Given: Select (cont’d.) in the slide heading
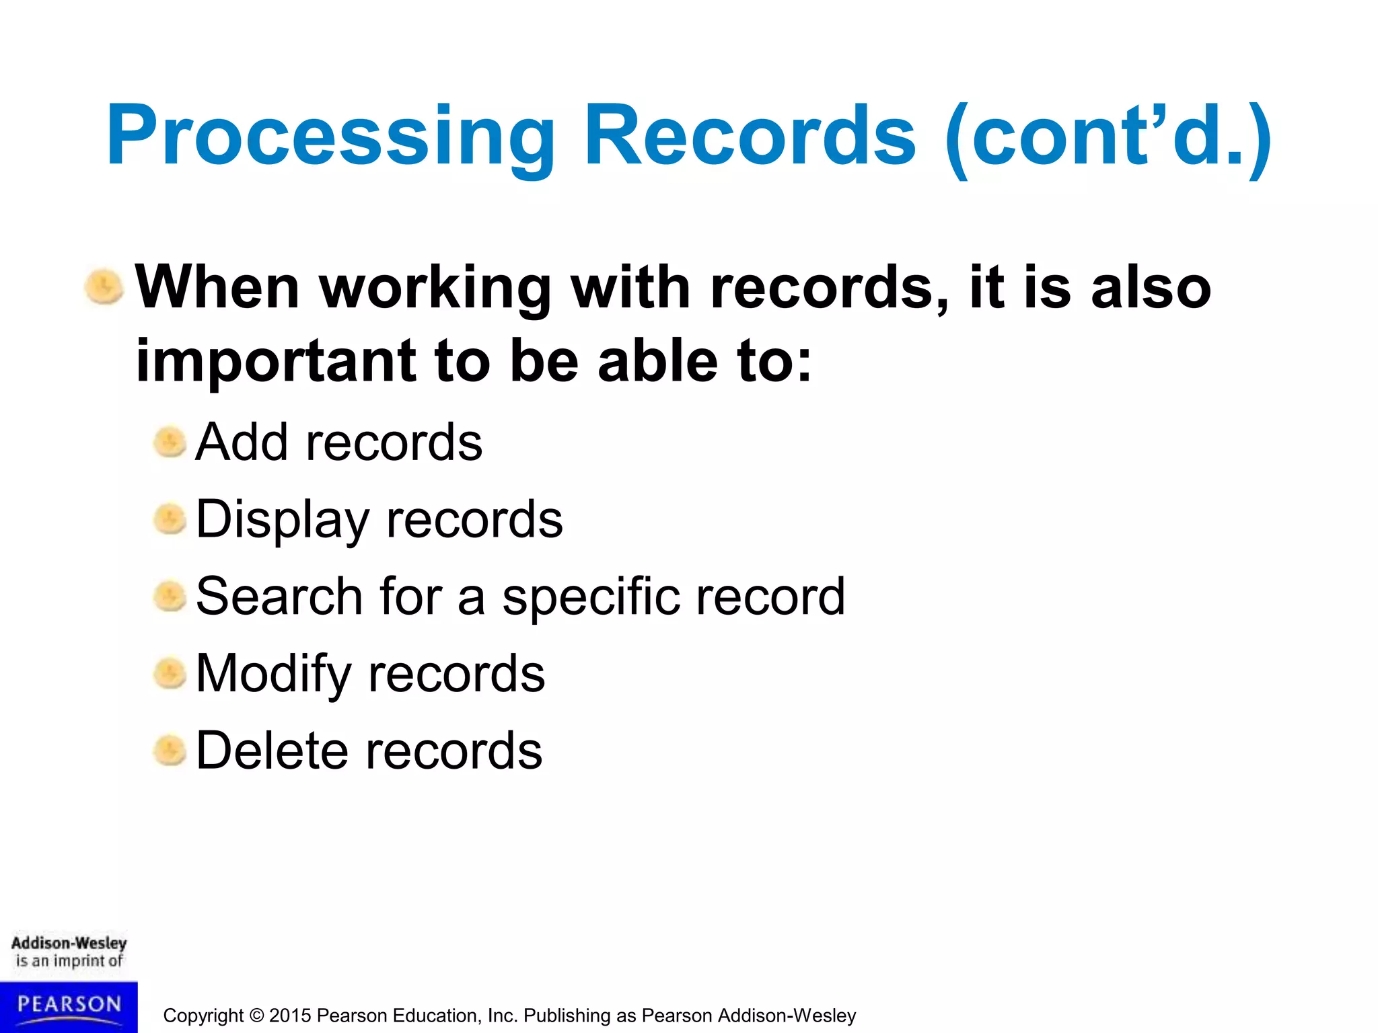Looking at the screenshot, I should coord(1108,137).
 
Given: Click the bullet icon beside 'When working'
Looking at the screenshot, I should coord(104,287).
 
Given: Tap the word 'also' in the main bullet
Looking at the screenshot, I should coord(1151,287).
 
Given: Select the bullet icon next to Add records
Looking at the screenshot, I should coord(170,443).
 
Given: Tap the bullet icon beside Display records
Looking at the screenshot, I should coord(170,520).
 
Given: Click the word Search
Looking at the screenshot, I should coord(279,597).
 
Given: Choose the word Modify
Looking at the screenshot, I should coord(273,675).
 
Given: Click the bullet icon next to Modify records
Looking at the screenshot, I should coord(170,674).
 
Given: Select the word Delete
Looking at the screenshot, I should coord(271,751).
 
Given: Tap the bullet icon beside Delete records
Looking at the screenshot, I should coord(170,751).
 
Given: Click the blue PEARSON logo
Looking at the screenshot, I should coord(69,1006).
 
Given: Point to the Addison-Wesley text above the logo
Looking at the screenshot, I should coord(69,943).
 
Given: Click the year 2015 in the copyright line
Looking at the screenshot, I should coord(290,1016).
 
